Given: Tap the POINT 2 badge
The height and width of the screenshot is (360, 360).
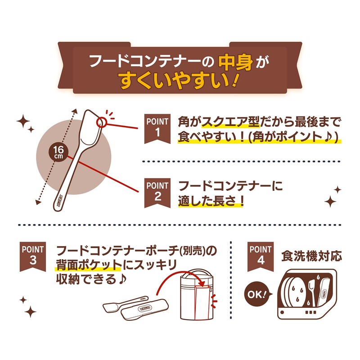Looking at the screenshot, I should [x=157, y=191].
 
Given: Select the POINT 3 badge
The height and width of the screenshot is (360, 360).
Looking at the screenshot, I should [x=33, y=254].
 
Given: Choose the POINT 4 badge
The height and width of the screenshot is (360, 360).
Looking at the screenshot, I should [x=260, y=254].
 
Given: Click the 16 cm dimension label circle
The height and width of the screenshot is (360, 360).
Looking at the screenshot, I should [x=58, y=152].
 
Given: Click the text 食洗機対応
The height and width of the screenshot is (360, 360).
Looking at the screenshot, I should [x=311, y=256].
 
